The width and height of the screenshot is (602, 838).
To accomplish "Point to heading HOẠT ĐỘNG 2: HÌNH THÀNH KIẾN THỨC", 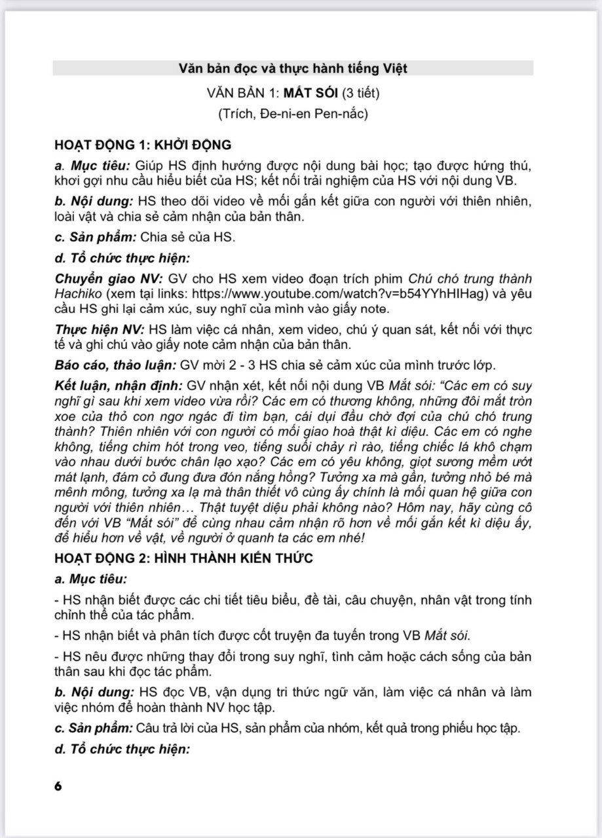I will [184, 558].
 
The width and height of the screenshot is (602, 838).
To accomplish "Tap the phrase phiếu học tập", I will [487, 727].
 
